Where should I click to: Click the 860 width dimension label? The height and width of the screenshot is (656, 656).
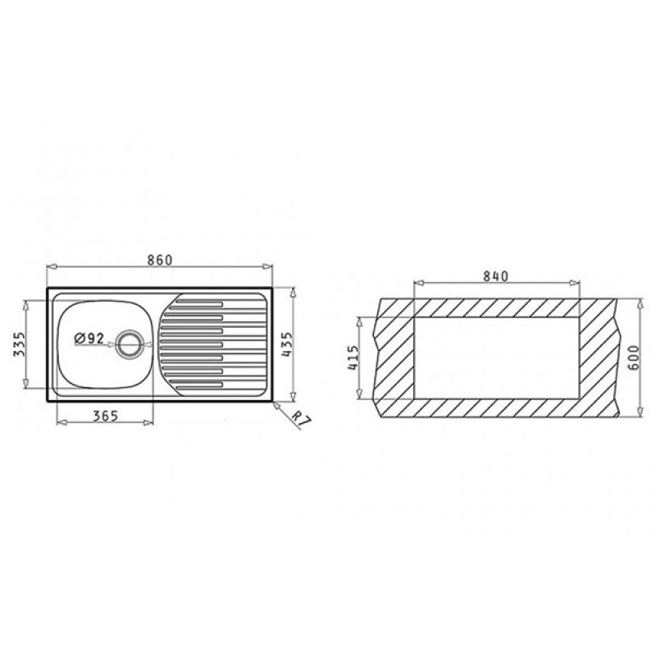click(x=160, y=260)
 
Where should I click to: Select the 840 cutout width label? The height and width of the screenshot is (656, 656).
click(x=496, y=276)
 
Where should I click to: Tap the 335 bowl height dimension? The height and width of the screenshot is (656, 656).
click(x=20, y=344)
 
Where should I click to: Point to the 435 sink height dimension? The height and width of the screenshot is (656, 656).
click(x=287, y=344)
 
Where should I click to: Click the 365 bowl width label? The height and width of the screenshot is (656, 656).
click(x=106, y=416)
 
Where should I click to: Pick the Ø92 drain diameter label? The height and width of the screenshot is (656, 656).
click(x=89, y=338)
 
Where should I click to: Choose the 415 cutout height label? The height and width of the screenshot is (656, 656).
click(x=353, y=358)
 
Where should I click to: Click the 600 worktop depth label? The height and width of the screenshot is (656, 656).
click(x=633, y=358)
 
